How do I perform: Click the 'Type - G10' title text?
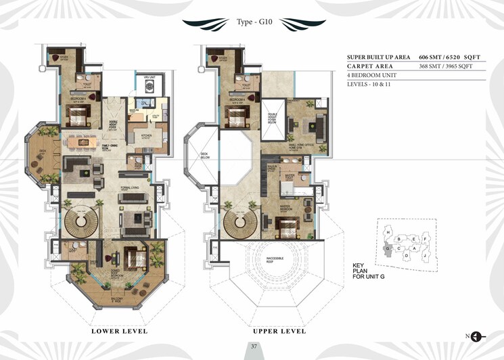click(x=251, y=22)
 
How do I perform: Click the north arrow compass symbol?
click(x=476, y=336)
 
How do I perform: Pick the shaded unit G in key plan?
click(x=388, y=248)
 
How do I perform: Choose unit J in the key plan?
click(x=423, y=256)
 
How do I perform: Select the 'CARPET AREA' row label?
click(x=370, y=66)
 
